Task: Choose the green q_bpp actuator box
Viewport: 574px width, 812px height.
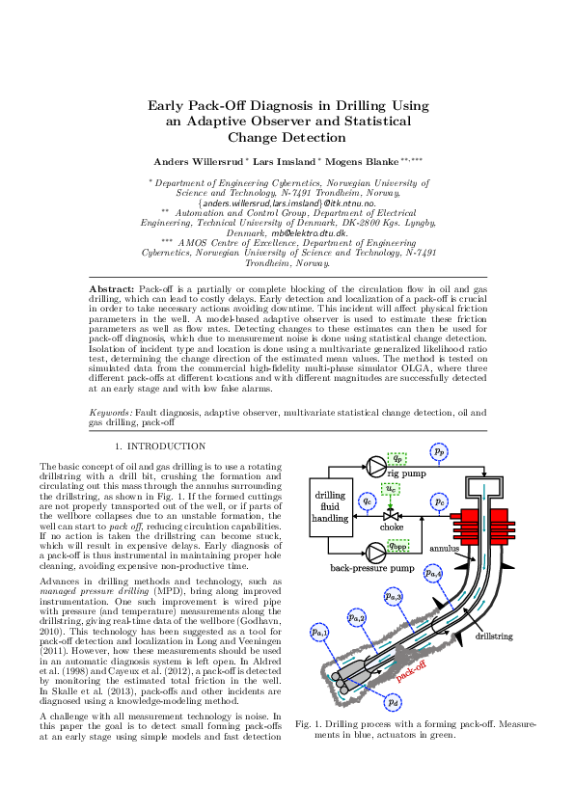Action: [397, 547]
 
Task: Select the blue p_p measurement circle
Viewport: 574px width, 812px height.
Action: [439, 450]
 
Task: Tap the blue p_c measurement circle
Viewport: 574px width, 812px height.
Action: [439, 501]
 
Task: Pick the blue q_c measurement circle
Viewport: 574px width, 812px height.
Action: [367, 501]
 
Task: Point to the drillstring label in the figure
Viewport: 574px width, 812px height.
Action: [493, 637]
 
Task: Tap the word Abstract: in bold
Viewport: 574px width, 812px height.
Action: [111, 288]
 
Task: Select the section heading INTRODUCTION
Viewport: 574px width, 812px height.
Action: [166, 447]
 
